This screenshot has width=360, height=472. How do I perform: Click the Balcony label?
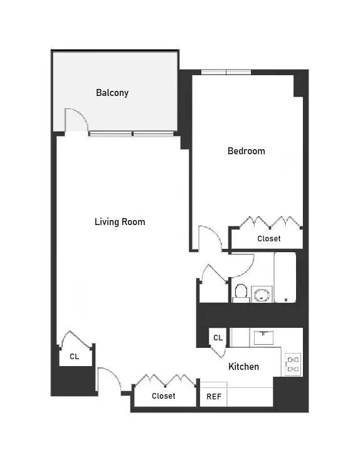coord(112,93)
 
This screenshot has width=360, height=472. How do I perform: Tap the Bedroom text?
coord(246,151)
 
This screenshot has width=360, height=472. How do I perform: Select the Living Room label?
coord(120,222)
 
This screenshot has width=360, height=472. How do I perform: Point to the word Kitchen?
coord(243,367)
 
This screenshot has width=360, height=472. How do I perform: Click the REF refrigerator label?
coord(213,397)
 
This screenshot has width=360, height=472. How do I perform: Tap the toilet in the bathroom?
coord(240,292)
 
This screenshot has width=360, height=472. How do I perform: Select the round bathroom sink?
coord(262,294)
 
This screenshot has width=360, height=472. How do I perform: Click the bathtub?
coord(285,277)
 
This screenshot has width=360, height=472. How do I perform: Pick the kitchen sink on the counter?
coord(262,337)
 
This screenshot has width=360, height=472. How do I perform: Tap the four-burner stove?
coord(292,363)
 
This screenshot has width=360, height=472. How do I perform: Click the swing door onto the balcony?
coord(75,120)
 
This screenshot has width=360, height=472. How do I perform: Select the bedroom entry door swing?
coord(209,238)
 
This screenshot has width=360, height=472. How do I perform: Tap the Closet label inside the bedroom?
coord(269,239)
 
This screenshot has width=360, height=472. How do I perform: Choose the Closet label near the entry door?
coord(164,396)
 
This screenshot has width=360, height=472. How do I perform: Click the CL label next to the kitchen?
coord(218,338)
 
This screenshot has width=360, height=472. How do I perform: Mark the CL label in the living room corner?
coord(74,357)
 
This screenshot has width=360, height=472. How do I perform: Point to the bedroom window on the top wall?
coord(226,72)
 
